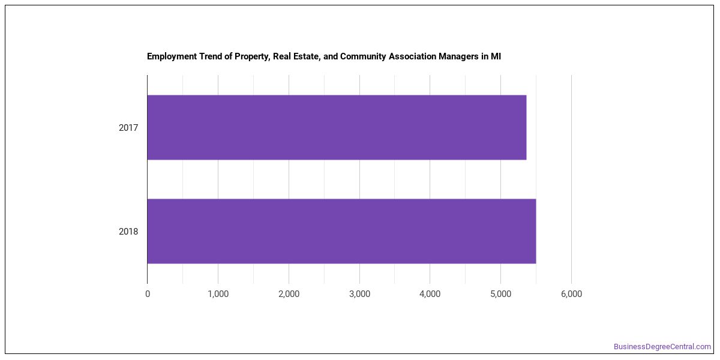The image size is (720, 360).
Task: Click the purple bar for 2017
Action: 337,127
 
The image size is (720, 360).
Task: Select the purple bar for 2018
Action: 341,231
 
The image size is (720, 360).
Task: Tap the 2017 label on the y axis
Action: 128,128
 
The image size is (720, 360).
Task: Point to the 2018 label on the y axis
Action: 128,232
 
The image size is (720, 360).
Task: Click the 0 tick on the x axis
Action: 148,294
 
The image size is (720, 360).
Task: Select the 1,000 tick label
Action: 218,294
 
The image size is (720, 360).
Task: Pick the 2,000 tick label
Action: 289,294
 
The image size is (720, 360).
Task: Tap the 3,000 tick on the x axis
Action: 359,294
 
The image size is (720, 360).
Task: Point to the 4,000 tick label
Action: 430,294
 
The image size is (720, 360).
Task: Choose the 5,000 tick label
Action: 501,294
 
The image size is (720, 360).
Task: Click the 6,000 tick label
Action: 571,294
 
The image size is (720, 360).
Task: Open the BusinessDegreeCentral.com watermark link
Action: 662,347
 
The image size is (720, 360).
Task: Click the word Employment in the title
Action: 172,56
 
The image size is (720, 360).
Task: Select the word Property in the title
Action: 253,57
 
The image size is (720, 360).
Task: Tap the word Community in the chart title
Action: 363,56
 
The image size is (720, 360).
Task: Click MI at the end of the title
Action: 496,56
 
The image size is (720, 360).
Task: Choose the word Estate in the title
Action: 308,56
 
